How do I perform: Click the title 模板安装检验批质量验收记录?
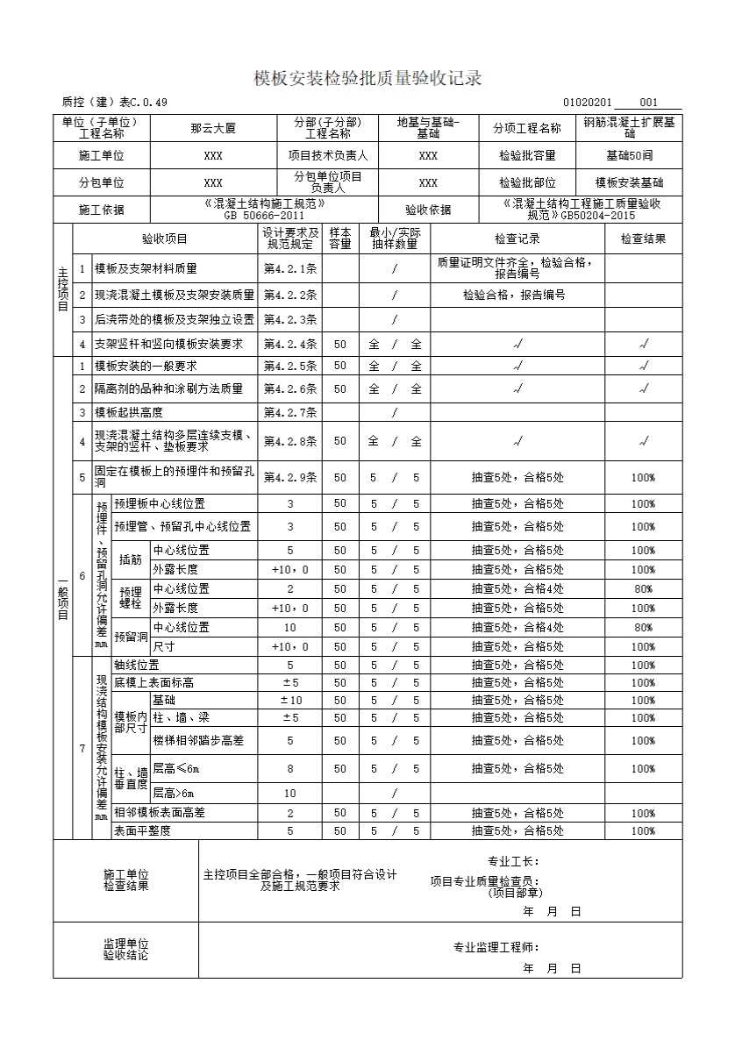(367, 79)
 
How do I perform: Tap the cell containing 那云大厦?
(213, 128)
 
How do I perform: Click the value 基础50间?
(629, 155)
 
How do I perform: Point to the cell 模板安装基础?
(629, 183)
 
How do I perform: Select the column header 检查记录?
(517, 239)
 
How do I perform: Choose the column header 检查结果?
(643, 239)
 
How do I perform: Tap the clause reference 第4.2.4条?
(290, 344)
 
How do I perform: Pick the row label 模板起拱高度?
(129, 412)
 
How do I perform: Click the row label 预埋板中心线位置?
(160, 504)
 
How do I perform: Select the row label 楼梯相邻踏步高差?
(198, 740)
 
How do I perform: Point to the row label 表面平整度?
(142, 830)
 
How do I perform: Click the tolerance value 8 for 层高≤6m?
(290, 769)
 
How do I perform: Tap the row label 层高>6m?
(176, 794)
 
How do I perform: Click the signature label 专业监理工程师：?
(496, 947)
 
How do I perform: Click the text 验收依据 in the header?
(428, 210)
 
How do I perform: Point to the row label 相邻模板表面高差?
(160, 813)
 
